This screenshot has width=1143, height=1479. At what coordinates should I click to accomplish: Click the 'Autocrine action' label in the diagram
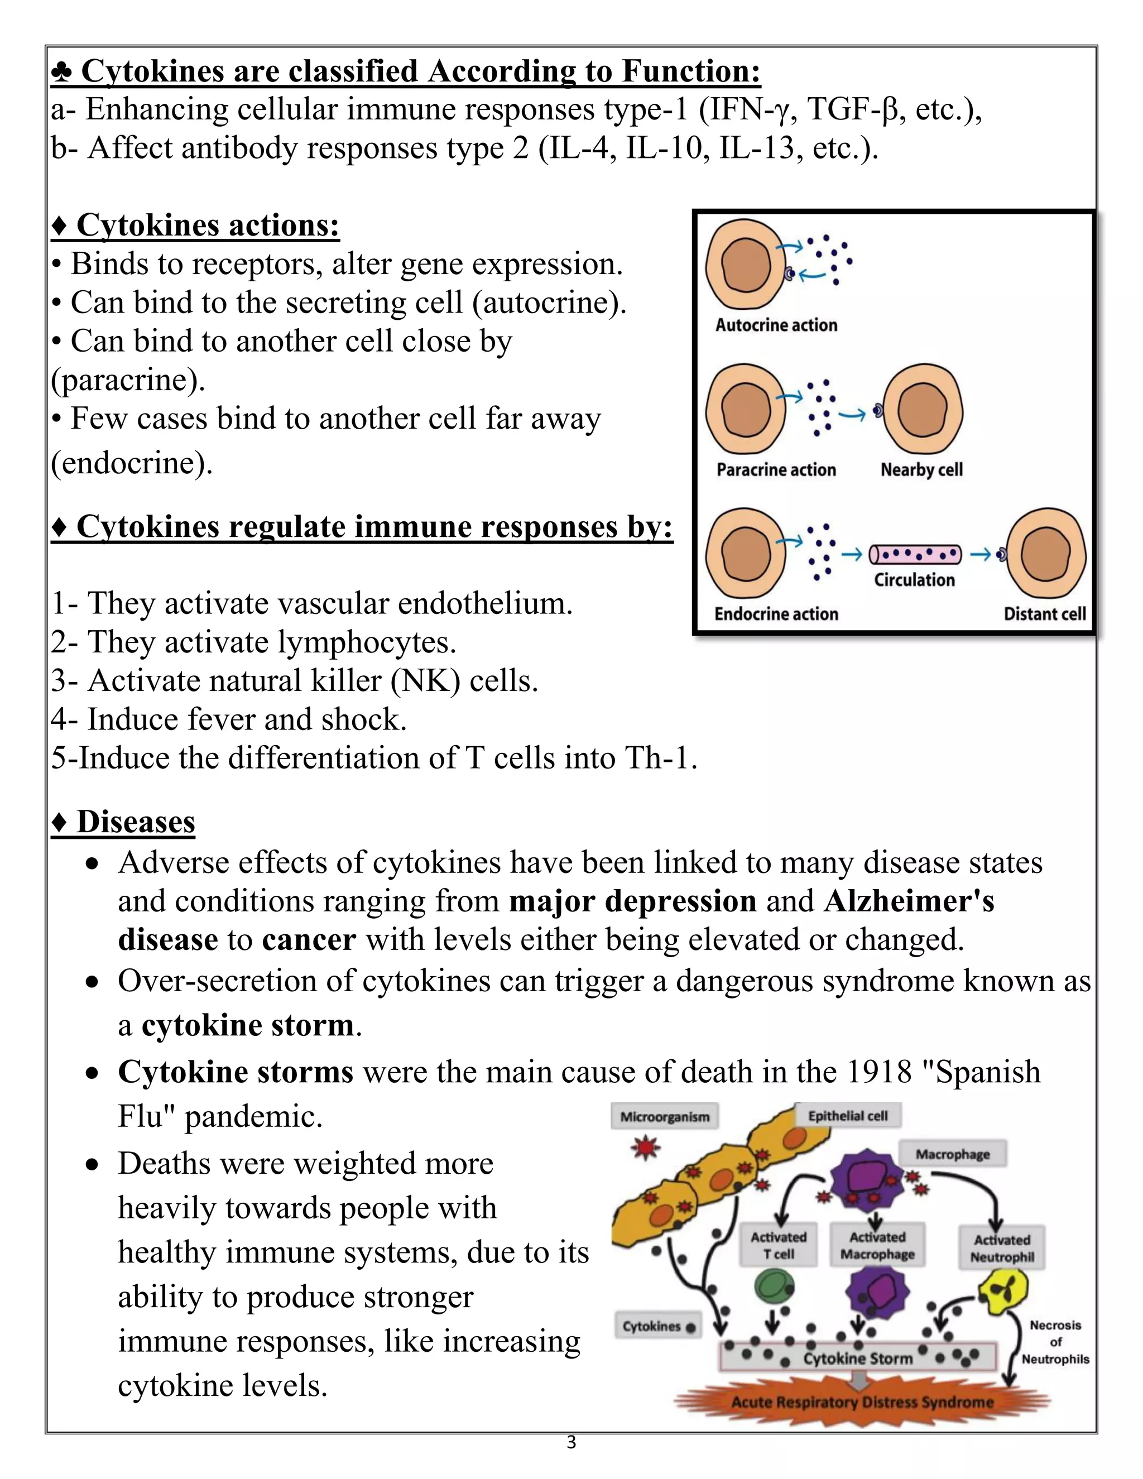tap(776, 325)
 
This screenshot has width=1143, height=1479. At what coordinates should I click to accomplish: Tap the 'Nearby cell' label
tap(921, 469)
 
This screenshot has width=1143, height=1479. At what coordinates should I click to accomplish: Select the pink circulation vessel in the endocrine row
tap(914, 555)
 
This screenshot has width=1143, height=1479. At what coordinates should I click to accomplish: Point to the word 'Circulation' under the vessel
tap(914, 580)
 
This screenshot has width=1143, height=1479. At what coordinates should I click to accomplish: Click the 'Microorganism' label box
tap(664, 1117)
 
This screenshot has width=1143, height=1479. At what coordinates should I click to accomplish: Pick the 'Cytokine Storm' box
tap(857, 1358)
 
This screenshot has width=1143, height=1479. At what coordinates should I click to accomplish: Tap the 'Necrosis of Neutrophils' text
tap(1055, 1342)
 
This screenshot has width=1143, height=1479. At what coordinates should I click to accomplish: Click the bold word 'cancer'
tap(309, 940)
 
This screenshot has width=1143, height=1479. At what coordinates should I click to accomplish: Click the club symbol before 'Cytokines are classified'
tap(61, 72)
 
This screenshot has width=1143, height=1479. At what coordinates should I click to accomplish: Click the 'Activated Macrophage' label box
tap(877, 1245)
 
